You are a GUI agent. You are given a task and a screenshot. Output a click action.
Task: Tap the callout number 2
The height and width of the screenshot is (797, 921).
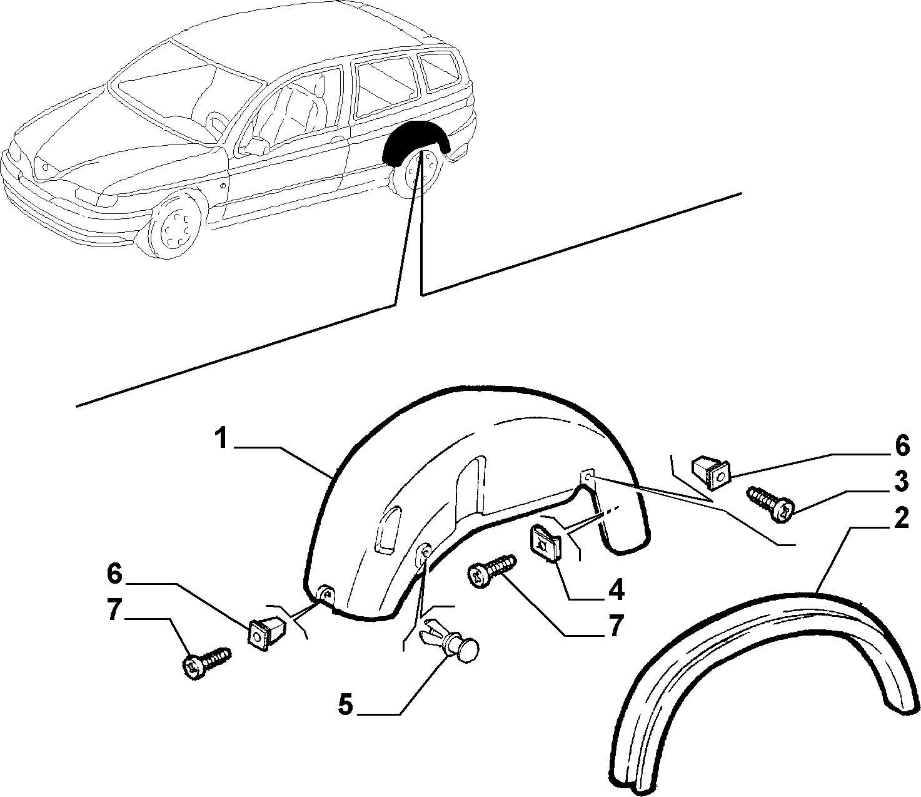point(899,519)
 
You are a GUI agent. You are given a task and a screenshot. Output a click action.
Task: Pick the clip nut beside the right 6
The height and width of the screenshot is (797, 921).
point(712,472)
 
